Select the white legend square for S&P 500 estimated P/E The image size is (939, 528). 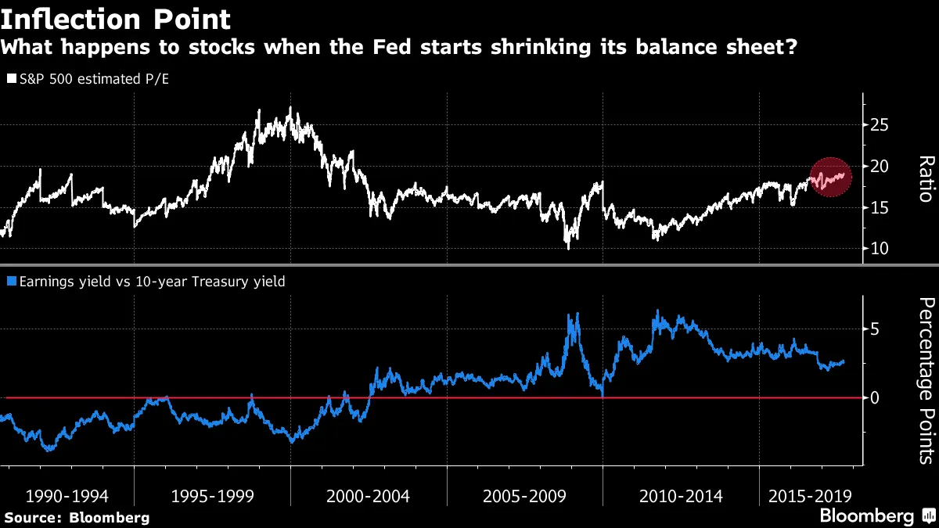[9, 79]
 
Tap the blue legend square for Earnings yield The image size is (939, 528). [9, 281]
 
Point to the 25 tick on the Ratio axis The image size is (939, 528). [880, 124]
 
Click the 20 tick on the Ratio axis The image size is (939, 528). [880, 166]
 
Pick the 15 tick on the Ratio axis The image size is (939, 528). [880, 207]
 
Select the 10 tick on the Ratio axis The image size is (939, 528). [880, 249]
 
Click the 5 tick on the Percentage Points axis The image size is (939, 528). [874, 329]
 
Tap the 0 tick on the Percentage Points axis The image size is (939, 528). [874, 398]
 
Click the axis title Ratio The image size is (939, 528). [925, 178]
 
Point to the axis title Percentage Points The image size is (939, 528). [925, 381]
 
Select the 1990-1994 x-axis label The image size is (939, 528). [67, 496]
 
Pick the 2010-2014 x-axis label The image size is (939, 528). [681, 496]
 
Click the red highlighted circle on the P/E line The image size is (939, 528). [829, 178]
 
